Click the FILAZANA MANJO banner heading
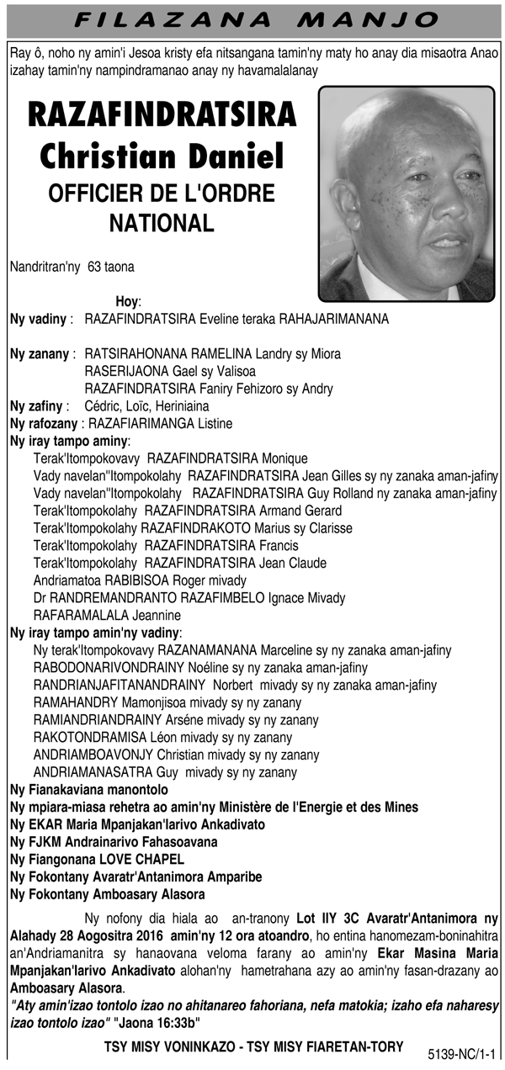pos(252,19)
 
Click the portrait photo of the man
pos(406,193)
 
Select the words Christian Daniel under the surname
pos(162,156)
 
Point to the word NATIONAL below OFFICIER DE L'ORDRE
pos(162,223)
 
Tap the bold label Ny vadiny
pos(38,319)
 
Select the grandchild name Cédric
pos(103,405)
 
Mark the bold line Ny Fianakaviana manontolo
pos(88,790)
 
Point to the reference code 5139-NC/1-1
pos(462,1052)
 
